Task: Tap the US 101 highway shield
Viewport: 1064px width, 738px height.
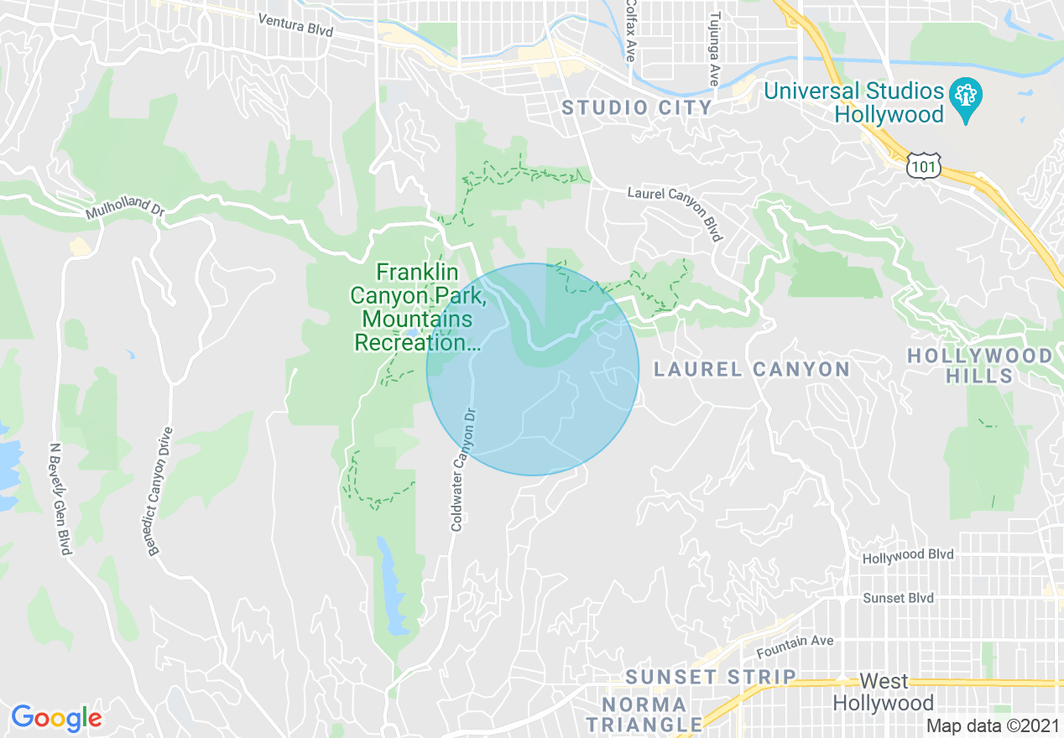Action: coord(923,168)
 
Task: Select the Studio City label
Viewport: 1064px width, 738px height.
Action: coord(637,107)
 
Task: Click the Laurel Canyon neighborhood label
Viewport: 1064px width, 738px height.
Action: coord(752,369)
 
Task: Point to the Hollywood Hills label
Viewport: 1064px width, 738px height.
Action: coord(980,366)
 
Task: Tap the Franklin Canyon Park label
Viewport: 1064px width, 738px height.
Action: coord(415,307)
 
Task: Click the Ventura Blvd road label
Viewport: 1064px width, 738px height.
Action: coord(295,25)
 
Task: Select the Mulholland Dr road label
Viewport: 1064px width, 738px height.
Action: coord(124,209)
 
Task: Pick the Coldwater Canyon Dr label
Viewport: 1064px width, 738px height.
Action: coord(463,470)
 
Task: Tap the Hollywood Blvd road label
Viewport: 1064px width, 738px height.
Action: coord(907,556)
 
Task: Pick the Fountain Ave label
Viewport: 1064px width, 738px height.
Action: coord(795,646)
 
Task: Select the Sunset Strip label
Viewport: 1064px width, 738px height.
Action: coord(711,677)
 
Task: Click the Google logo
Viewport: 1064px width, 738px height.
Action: coord(56,718)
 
